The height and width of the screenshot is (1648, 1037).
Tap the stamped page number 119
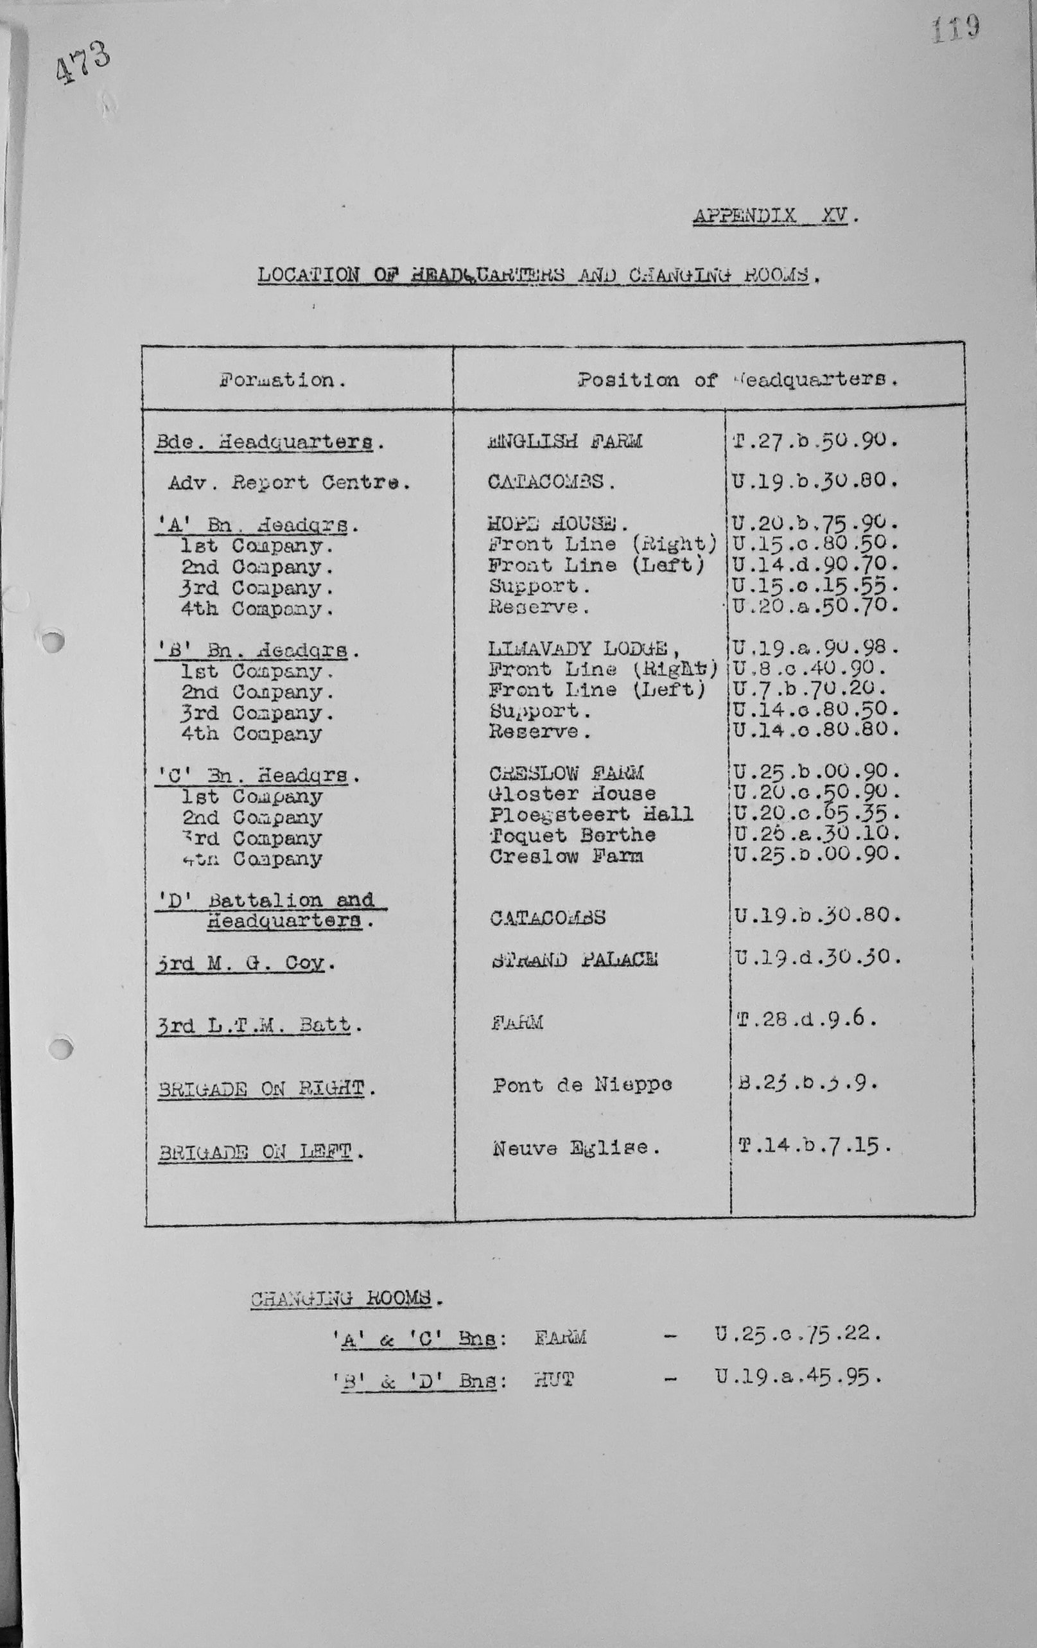point(955,29)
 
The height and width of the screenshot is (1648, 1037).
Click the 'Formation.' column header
point(283,380)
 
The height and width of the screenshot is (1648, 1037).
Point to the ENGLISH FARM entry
point(564,441)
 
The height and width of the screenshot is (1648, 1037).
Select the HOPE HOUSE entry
point(557,524)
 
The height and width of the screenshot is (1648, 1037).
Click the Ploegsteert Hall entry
point(590,814)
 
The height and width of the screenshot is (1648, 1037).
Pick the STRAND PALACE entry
point(574,959)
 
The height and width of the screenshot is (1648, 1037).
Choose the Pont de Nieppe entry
point(582,1085)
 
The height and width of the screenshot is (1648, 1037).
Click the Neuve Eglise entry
point(576,1148)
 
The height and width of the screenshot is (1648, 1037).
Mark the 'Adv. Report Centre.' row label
point(290,483)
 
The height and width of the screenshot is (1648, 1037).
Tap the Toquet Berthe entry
point(572,835)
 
